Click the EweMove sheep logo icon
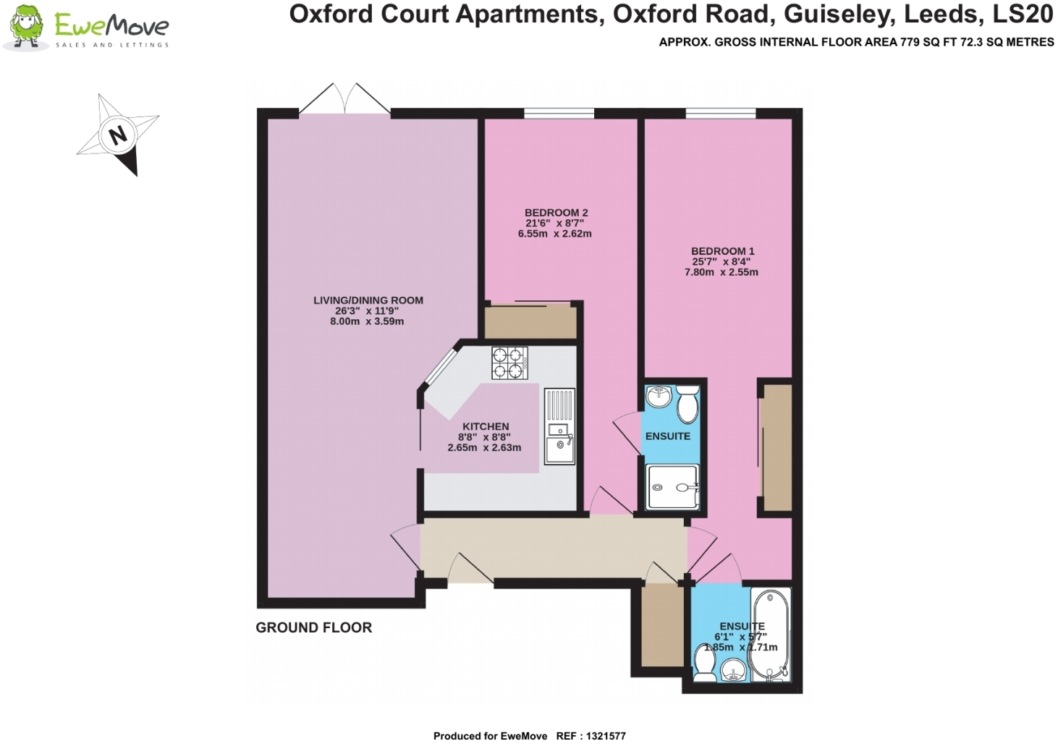26,27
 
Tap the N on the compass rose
117,135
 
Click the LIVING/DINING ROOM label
368,300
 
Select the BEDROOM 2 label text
556,213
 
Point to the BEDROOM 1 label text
722,251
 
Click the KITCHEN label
486,427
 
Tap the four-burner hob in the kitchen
509,363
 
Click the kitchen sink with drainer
559,427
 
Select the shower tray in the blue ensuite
672,487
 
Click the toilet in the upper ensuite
687,404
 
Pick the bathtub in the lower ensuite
771,635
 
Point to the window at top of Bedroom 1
720,113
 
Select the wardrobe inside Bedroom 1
776,447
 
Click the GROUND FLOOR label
313,627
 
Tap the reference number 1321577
606,736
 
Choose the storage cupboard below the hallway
661,625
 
